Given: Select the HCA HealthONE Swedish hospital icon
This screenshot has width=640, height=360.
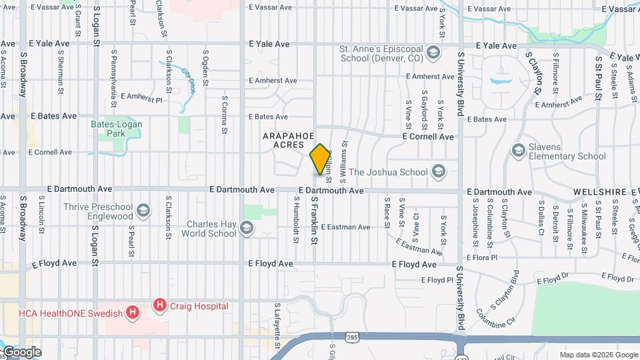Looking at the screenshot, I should (x=133, y=312).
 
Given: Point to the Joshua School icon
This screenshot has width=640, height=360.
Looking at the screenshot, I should (x=438, y=172).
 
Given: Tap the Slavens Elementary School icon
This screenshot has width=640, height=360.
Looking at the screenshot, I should (x=518, y=151).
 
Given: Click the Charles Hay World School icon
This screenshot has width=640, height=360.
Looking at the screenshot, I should (x=246, y=229).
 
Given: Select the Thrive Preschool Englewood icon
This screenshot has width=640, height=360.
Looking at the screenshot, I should (x=142, y=211).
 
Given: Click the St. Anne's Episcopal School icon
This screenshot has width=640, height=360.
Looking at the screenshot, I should (x=433, y=53).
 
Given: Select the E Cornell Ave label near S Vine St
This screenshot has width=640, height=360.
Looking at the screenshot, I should (x=427, y=137).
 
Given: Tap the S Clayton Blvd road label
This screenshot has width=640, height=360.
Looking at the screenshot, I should (x=505, y=285).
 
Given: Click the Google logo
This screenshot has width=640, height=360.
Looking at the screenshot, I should (x=21, y=351).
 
